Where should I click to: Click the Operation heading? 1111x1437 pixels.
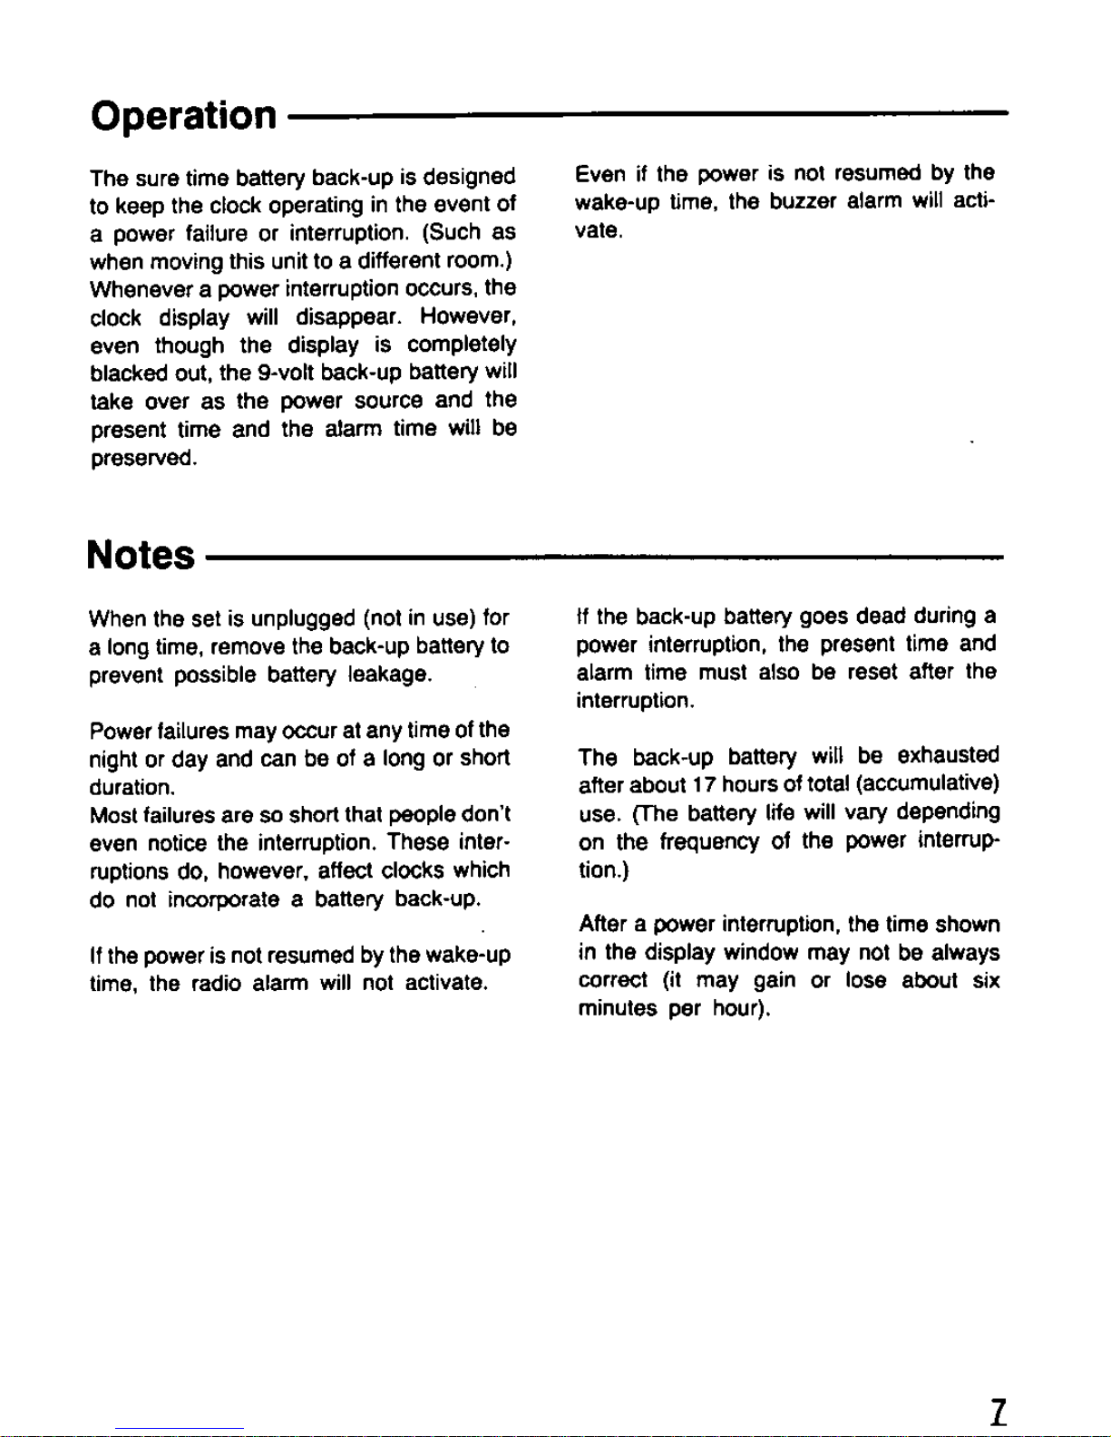pos(183,116)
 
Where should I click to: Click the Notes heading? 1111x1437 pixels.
pos(141,555)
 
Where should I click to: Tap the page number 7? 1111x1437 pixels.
pos(998,1413)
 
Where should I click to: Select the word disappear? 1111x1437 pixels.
pos(347,317)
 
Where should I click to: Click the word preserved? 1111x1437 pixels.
pos(142,458)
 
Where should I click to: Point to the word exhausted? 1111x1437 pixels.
pos(948,756)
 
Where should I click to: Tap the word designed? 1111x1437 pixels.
pos(469,176)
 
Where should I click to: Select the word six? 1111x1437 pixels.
pos(986,981)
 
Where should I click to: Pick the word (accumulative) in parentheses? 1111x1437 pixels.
pos(927,783)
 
